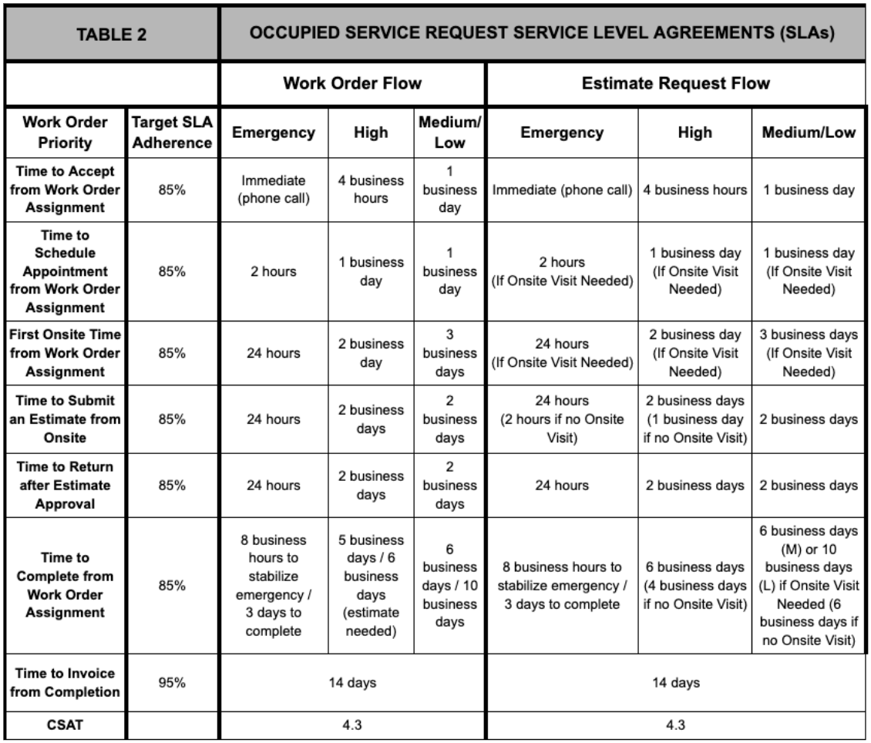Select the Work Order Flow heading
click(x=352, y=83)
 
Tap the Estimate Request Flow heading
click(x=675, y=83)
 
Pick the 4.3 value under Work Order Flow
click(x=352, y=725)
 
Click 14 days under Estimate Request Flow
click(x=675, y=682)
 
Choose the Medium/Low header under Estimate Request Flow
click(x=809, y=133)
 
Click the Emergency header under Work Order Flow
click(x=274, y=133)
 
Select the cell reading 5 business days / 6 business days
click(x=373, y=585)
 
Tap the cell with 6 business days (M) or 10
click(x=809, y=585)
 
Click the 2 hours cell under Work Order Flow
click(x=274, y=271)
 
